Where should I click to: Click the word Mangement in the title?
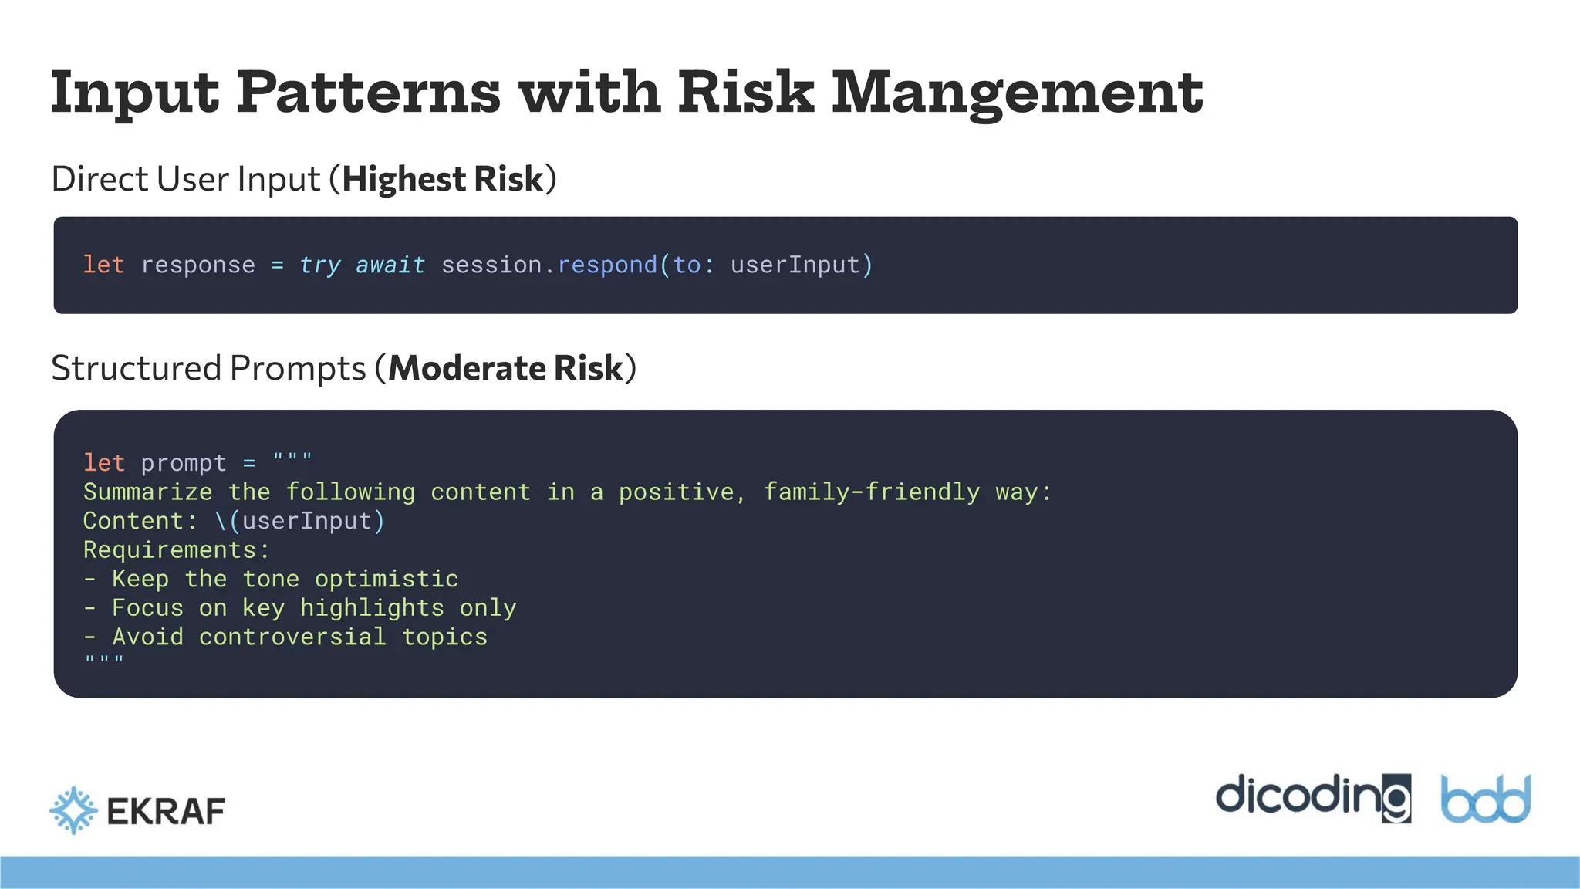(x=1017, y=93)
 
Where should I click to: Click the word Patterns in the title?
(x=368, y=93)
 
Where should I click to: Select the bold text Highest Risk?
(x=443, y=179)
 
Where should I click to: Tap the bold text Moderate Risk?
(x=505, y=368)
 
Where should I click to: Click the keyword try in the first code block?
(x=319, y=265)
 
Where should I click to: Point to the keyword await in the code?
(x=390, y=265)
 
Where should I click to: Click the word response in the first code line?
(x=197, y=265)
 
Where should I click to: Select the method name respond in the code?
(x=607, y=265)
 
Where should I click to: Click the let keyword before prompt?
(x=103, y=463)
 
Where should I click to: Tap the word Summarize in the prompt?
(x=147, y=492)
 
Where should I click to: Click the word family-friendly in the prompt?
(x=872, y=492)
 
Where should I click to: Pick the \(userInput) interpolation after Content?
(x=299, y=521)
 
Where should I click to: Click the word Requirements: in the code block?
(x=177, y=550)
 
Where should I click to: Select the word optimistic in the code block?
(x=387, y=579)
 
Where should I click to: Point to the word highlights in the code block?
(x=372, y=608)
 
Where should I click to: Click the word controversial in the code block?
(x=292, y=637)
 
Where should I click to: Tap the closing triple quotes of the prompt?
(x=103, y=660)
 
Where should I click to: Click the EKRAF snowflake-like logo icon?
(x=73, y=810)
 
